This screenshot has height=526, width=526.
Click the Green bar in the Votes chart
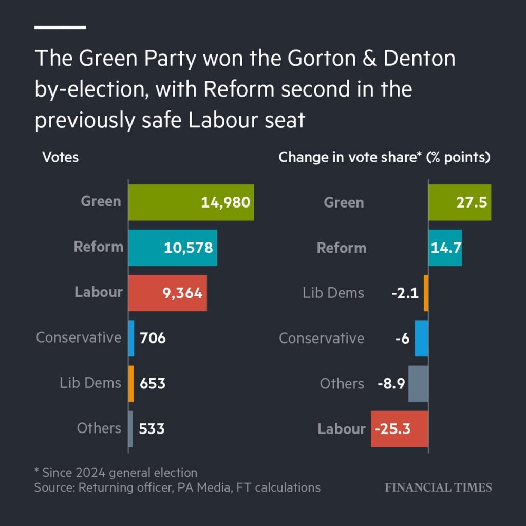click(x=191, y=202)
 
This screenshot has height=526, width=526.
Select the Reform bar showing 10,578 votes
click(x=173, y=248)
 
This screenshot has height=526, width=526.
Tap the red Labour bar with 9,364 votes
click(x=167, y=293)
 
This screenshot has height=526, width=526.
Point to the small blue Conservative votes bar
click(x=131, y=338)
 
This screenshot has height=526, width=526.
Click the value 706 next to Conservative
click(x=153, y=338)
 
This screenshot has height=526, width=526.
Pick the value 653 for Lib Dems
click(x=153, y=383)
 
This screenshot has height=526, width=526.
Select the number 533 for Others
click(x=152, y=428)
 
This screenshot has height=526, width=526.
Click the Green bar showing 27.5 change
click(x=460, y=202)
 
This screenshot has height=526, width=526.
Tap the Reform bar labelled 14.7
click(x=445, y=248)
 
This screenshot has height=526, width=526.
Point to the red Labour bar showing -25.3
click(x=400, y=428)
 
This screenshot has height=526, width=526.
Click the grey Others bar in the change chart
click(x=418, y=383)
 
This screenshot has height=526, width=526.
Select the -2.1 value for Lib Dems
click(x=406, y=293)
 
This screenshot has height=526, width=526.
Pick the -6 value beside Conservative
click(x=402, y=338)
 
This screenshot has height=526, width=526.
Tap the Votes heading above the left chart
click(x=60, y=157)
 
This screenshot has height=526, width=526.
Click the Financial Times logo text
click(x=438, y=487)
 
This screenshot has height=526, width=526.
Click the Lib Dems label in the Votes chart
click(x=90, y=383)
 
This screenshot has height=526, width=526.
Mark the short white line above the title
click(x=60, y=27)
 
